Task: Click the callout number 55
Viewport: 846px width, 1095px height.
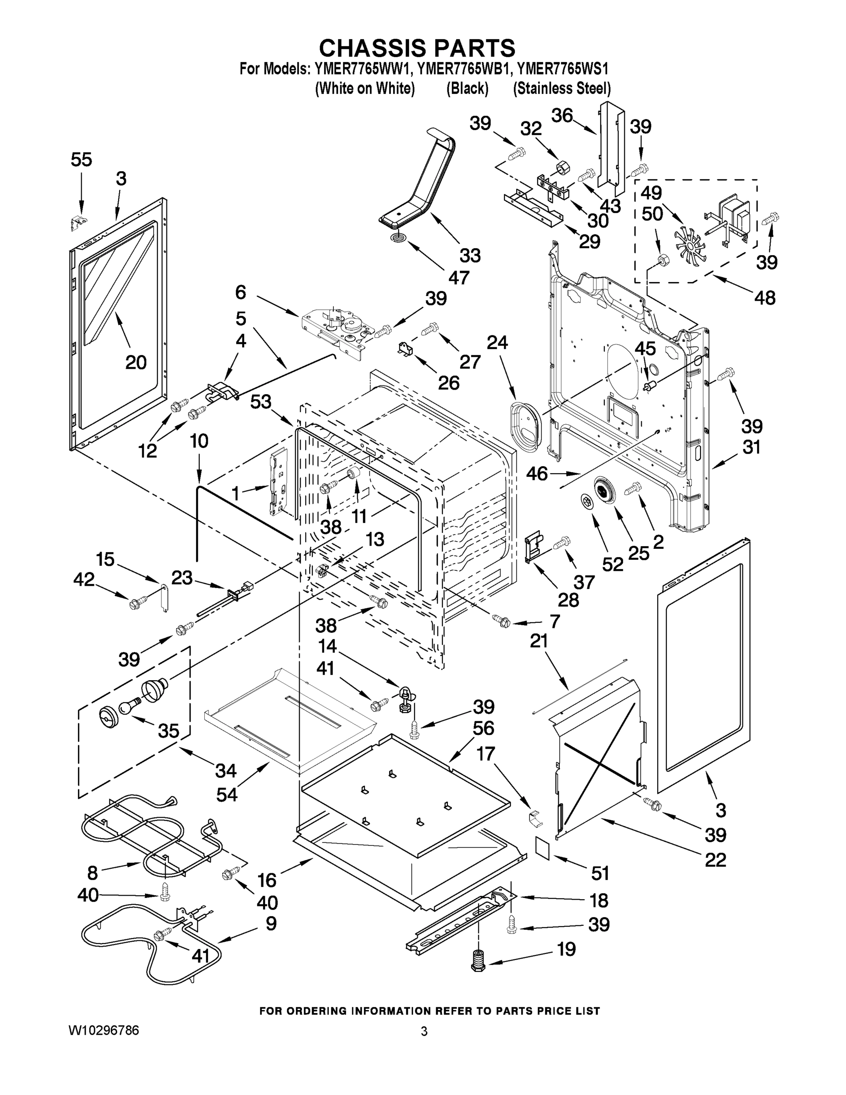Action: pos(81,160)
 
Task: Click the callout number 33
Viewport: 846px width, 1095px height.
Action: pos(470,255)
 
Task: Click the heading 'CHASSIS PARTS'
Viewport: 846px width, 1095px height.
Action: pos(417,48)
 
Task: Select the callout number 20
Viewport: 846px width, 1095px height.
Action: pos(135,361)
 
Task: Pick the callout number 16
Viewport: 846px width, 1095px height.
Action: pos(267,880)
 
